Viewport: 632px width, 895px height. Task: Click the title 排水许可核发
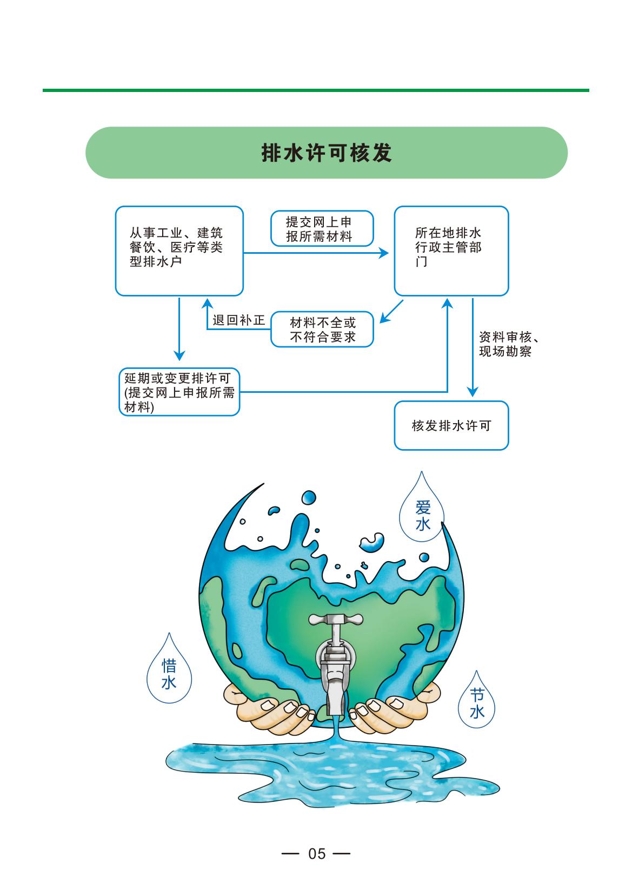point(327,153)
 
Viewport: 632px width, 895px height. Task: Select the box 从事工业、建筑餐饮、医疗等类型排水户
point(179,251)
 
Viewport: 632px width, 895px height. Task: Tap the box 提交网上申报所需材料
point(322,228)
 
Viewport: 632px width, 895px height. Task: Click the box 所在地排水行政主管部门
point(451,251)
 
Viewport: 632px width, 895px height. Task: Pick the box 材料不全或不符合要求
point(322,329)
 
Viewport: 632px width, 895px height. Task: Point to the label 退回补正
point(238,320)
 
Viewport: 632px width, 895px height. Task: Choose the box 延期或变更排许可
point(179,392)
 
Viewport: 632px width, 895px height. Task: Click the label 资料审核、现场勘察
point(509,344)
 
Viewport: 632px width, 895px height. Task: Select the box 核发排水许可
point(451,425)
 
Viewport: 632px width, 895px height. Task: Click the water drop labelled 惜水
point(169,674)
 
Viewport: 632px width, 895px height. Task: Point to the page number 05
point(317,854)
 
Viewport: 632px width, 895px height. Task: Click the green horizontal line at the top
point(316,90)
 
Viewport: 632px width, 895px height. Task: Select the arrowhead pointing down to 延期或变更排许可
point(179,356)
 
